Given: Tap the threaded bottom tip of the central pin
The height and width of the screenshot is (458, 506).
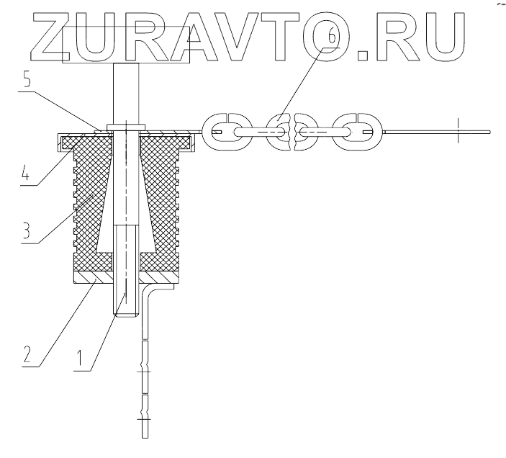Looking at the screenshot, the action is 125,311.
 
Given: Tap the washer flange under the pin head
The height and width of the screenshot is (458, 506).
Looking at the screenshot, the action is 126,130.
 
